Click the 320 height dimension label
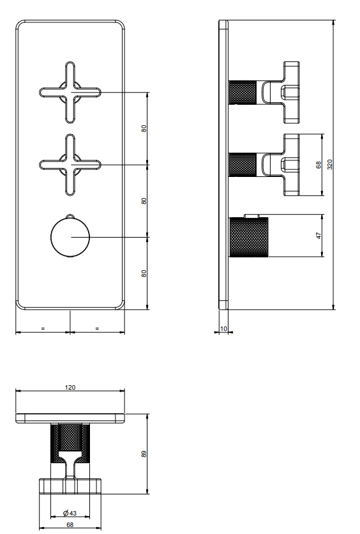329,165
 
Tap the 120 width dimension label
70,387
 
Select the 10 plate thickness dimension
223,329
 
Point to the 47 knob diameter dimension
319,236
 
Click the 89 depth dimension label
144,454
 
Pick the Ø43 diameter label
70,513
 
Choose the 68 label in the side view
319,165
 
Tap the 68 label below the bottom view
70,525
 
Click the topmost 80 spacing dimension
144,128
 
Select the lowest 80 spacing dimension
144,273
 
